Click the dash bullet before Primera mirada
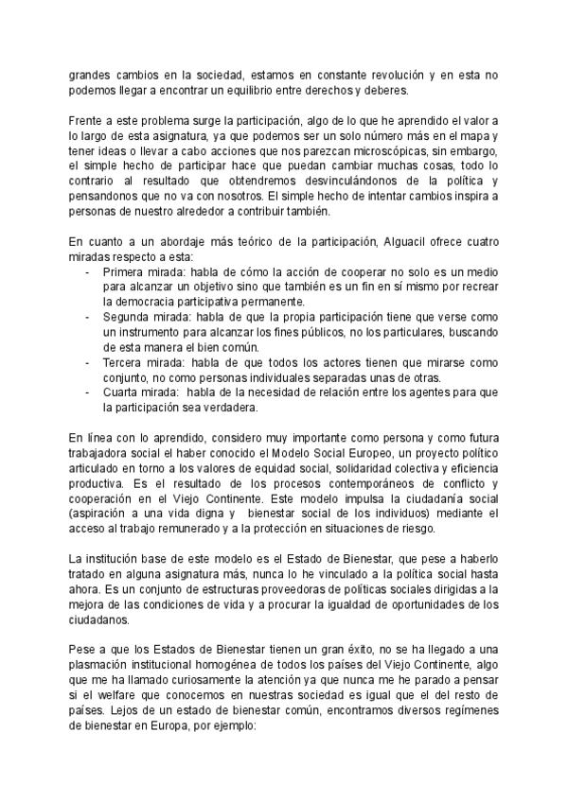click(x=88, y=271)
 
